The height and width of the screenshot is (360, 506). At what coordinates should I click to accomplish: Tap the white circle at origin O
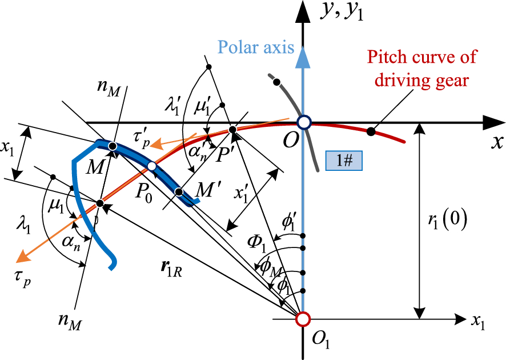(x=304, y=122)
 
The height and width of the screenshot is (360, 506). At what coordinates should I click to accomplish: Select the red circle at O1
(x=304, y=318)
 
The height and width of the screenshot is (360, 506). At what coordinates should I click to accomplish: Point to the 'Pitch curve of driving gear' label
(x=422, y=68)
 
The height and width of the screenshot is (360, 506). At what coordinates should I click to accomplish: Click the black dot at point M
(x=113, y=147)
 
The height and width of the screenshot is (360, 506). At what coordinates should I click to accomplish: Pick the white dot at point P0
(x=151, y=166)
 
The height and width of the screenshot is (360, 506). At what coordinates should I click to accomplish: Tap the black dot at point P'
(x=232, y=130)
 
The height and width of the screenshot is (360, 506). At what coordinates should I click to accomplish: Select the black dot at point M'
(x=179, y=191)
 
